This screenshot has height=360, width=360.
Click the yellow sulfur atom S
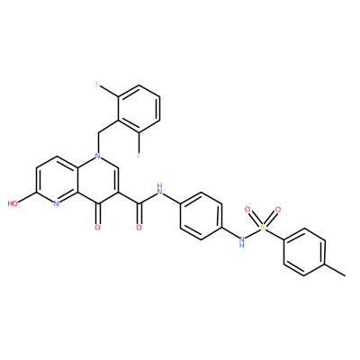coord(263,228)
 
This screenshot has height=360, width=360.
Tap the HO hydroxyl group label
coord(13,203)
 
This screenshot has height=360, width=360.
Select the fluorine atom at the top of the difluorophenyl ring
coord(97,85)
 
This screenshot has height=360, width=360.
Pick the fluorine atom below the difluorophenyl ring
coord(139,156)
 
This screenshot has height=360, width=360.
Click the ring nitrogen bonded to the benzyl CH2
coord(97,156)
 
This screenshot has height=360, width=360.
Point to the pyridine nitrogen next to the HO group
coord(56,203)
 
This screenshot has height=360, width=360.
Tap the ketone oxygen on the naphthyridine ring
coord(97,228)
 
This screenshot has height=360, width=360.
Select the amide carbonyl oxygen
coord(139,228)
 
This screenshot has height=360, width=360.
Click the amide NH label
coord(159,189)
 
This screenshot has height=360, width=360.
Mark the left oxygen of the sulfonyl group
coord(247,209)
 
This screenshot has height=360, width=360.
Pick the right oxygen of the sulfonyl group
coord(278,209)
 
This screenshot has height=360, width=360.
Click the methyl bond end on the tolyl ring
coord(345,274)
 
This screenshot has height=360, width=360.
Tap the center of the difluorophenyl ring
coord(139,108)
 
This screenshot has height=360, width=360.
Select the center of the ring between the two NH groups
coord(201,216)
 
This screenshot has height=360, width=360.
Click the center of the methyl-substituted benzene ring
coord(304,251)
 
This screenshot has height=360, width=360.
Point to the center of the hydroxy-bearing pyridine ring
coord(56,180)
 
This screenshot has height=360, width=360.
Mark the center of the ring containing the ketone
coord(97,180)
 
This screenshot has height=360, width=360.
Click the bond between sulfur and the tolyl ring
coord(274,234)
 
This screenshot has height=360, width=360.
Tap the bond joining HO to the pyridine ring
coord(27,198)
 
